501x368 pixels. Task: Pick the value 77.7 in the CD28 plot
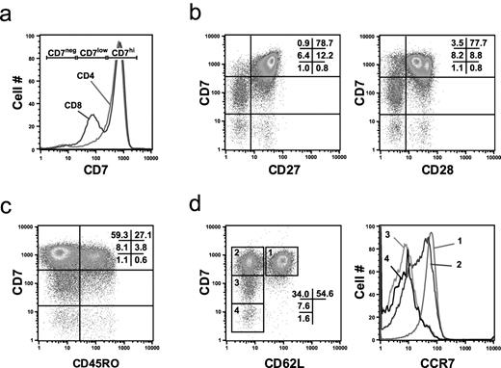[x=471, y=44]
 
